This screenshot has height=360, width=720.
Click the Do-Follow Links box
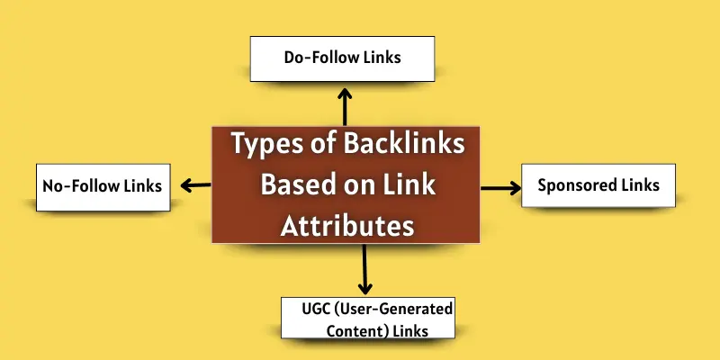coord(343,58)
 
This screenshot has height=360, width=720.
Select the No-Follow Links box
coord(102,186)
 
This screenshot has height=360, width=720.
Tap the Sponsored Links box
coord(598,186)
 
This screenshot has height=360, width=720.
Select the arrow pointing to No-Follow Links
coord(194,186)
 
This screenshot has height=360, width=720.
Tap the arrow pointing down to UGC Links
coord(364,269)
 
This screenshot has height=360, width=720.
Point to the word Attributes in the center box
coord(346,224)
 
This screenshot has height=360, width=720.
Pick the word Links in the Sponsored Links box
coord(640,186)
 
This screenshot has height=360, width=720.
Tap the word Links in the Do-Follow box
coord(383,58)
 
